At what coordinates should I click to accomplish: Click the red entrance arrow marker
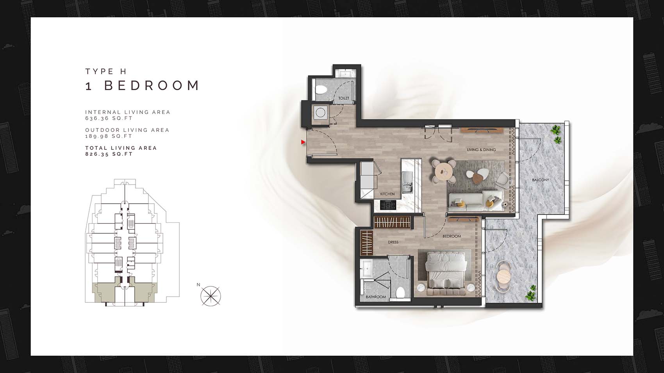tap(303, 142)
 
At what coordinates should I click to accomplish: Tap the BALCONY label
tap(541, 180)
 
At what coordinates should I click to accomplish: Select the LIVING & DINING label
tap(481, 150)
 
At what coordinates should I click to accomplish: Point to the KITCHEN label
tap(387, 194)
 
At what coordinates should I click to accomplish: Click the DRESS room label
tap(393, 242)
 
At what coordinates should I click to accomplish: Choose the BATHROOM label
tap(376, 297)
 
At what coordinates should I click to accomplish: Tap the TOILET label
tap(344, 98)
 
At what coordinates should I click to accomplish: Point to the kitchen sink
tap(407, 181)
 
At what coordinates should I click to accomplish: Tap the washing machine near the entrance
tap(321, 113)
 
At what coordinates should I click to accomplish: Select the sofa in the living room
tap(475, 201)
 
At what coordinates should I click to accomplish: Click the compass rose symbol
tap(211, 296)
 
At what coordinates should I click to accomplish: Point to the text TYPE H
tap(106, 71)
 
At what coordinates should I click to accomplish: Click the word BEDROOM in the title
tap(152, 85)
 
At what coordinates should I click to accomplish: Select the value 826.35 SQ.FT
tap(109, 154)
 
